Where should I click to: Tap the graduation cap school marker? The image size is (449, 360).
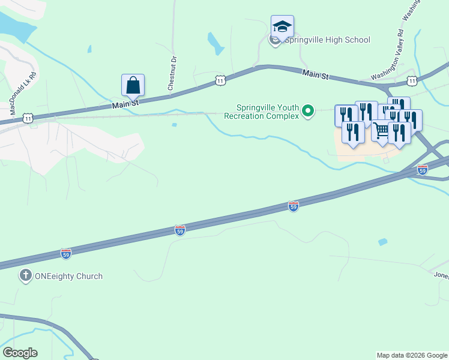click(x=282, y=27)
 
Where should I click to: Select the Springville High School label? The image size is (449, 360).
click(x=327, y=40)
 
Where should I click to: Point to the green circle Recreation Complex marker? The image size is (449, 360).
click(x=309, y=111)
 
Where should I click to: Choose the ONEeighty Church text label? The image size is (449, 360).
click(x=69, y=277)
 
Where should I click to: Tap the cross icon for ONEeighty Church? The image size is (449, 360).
click(x=25, y=276)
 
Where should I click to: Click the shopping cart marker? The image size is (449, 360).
click(x=381, y=130)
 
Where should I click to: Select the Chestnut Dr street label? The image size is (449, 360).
click(x=172, y=73)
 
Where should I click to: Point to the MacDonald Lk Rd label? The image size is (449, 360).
click(x=23, y=94)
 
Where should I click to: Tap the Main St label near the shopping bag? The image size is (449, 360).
click(x=125, y=104)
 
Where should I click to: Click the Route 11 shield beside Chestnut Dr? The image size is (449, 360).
click(x=220, y=80)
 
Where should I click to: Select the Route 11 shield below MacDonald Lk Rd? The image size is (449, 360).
click(x=28, y=119)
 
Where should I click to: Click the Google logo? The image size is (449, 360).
click(x=20, y=353)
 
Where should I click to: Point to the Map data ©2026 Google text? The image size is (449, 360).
click(x=412, y=355)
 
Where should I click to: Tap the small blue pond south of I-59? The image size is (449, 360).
click(x=382, y=242)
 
